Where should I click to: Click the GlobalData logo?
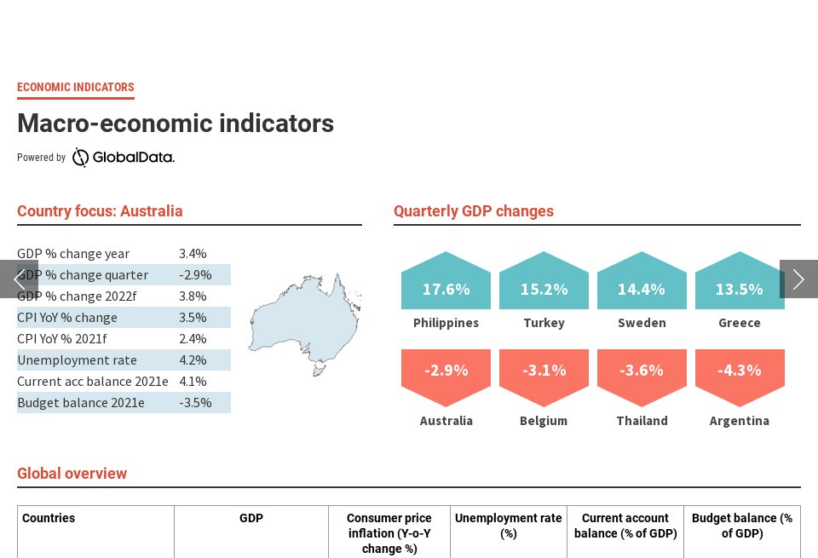point(124,158)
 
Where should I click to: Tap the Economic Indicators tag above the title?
point(76,87)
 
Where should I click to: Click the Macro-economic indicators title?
point(176,124)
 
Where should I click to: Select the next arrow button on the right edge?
point(798,279)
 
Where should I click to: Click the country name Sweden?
point(642,323)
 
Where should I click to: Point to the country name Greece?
point(740,323)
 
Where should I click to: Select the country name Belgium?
point(544,421)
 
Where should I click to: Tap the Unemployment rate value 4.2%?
point(193,360)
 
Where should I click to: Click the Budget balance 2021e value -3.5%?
point(195,403)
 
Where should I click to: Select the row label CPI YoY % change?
point(67,318)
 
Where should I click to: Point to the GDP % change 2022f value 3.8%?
point(193,296)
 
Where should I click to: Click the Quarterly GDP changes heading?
point(474,211)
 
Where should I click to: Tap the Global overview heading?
point(72,474)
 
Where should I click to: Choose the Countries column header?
point(49,518)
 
